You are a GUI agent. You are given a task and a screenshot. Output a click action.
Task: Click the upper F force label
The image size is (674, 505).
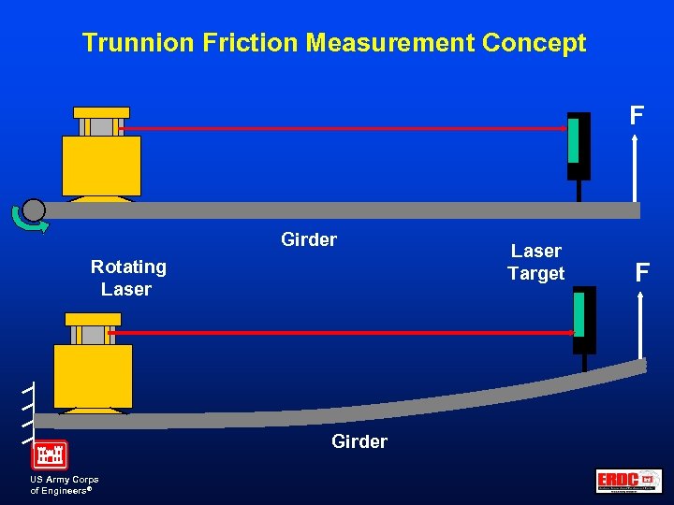637,116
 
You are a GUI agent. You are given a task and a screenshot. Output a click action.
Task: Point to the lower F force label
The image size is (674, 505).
642,273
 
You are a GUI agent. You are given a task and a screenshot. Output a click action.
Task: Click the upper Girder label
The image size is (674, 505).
309,240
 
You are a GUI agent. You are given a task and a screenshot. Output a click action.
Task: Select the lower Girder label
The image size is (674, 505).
359,441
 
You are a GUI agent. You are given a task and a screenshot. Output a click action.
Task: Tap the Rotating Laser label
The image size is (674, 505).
128,278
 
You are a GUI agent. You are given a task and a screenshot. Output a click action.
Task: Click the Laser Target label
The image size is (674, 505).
535,263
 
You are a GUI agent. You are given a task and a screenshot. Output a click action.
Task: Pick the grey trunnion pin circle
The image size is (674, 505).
34,209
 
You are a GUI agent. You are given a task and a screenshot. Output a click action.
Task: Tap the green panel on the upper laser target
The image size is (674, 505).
573,141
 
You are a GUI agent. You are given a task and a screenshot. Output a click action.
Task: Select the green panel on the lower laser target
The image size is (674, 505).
579,314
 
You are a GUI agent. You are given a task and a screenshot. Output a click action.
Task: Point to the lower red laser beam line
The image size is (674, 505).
342,332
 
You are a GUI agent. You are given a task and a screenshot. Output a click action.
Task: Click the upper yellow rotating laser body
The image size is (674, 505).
101,165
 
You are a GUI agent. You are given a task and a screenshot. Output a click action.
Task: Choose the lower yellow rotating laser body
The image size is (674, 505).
93,374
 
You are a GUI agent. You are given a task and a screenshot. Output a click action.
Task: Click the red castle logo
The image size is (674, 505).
50,454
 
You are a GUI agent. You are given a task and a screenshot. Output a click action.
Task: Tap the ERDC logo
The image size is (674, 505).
628,481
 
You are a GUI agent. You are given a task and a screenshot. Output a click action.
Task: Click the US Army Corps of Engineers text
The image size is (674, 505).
65,484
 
